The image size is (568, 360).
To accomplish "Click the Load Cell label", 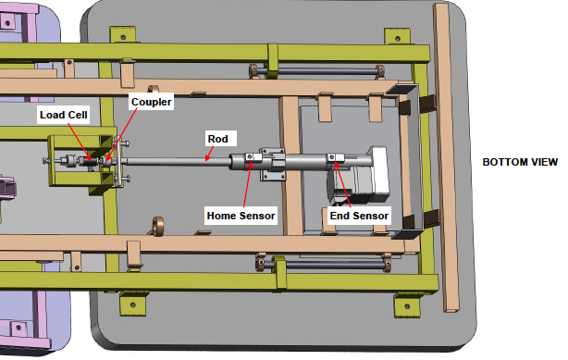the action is [x=64, y=115].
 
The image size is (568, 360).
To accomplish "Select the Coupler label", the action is [x=151, y=102].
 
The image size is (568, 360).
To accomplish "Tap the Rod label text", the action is [x=217, y=139].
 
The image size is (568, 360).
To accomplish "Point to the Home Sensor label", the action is [x=241, y=216].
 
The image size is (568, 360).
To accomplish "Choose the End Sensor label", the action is [x=359, y=216].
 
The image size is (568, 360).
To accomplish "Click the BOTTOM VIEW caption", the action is [x=520, y=162].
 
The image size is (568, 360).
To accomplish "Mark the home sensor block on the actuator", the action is [x=253, y=156].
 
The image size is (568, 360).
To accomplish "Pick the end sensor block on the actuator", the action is [x=336, y=157].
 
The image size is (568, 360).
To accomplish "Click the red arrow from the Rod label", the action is [x=209, y=153].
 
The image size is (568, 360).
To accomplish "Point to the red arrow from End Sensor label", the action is [x=342, y=184].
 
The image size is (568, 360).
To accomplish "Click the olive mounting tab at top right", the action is [x=398, y=36].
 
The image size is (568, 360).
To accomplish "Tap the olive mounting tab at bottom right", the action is [x=407, y=305].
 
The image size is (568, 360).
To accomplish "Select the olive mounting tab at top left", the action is [x=123, y=35].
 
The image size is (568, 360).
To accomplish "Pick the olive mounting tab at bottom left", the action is [x=133, y=304].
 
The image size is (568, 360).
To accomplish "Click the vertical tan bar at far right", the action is [x=446, y=157].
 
